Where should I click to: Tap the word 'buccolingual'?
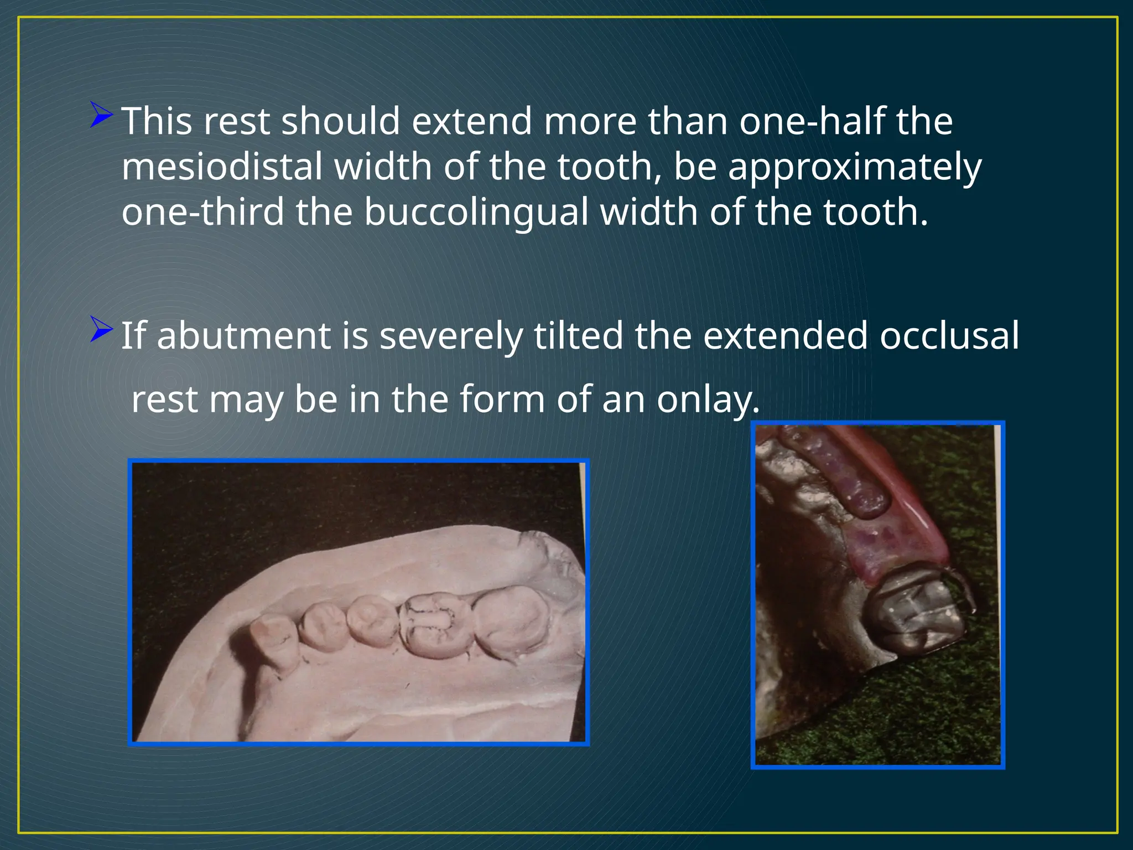point(476,212)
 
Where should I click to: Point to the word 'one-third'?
point(202,212)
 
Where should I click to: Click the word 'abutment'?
point(243,336)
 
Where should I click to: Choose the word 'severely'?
point(451,336)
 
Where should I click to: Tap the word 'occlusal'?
point(949,336)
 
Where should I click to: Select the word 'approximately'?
point(855,168)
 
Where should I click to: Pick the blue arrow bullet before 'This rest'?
point(101,115)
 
